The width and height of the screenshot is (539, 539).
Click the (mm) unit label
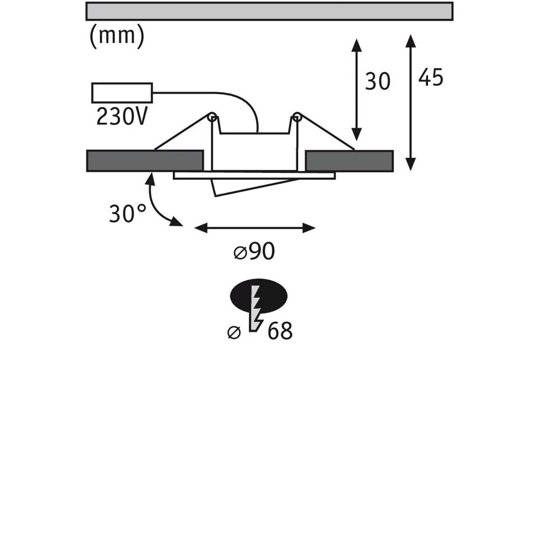(x=117, y=36)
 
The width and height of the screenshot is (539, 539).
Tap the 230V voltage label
(x=122, y=116)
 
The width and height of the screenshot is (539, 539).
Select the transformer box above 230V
(x=122, y=93)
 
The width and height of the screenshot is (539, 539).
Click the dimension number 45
(x=431, y=77)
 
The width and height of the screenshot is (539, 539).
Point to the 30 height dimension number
(x=378, y=81)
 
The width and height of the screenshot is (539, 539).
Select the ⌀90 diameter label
(x=254, y=251)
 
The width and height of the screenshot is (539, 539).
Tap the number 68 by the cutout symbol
(x=280, y=331)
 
